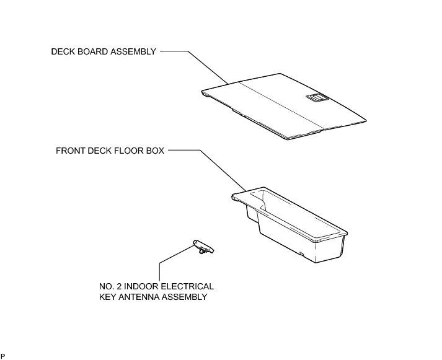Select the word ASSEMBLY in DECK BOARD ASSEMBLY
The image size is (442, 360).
click(134, 52)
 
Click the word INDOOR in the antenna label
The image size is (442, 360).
click(131, 287)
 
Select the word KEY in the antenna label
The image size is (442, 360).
click(108, 297)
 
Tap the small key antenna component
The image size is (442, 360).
click(203, 247)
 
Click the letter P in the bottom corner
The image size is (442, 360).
click(2, 356)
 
